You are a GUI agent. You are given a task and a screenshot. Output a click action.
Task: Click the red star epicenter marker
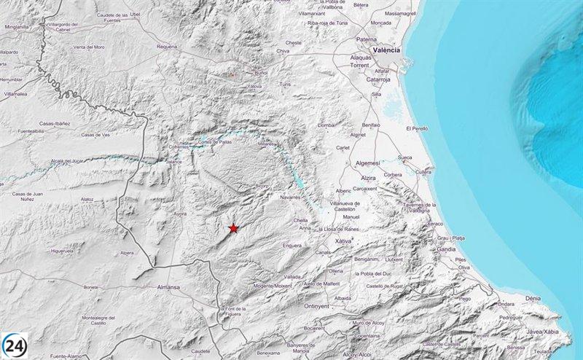[233, 228]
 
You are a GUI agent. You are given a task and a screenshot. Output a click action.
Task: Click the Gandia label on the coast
[446, 248]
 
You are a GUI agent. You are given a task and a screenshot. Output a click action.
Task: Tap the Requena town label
[167, 46]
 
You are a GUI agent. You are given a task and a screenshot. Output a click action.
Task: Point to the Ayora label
[181, 214]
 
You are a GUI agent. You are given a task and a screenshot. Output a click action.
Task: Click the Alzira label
[367, 177]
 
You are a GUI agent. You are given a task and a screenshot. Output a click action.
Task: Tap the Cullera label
[423, 171]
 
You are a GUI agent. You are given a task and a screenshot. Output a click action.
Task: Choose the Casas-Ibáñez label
[55, 122]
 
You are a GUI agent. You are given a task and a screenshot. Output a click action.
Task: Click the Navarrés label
[291, 197]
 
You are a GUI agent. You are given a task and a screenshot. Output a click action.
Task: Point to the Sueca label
[405, 157]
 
